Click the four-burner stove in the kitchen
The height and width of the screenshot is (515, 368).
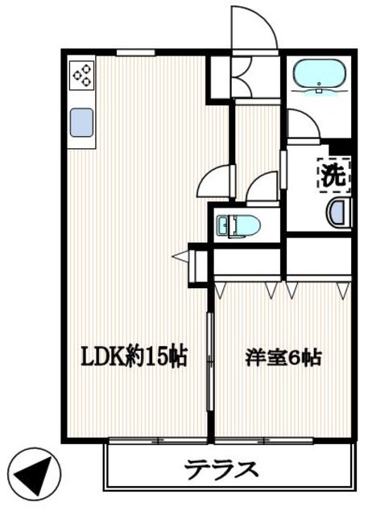(81, 76)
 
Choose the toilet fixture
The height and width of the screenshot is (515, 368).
(239, 225)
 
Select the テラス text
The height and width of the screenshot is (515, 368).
(221, 468)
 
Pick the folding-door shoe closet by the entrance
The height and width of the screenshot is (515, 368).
(240, 77)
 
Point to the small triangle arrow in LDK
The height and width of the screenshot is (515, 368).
(180, 257)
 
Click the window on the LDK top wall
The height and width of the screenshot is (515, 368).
(134, 53)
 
